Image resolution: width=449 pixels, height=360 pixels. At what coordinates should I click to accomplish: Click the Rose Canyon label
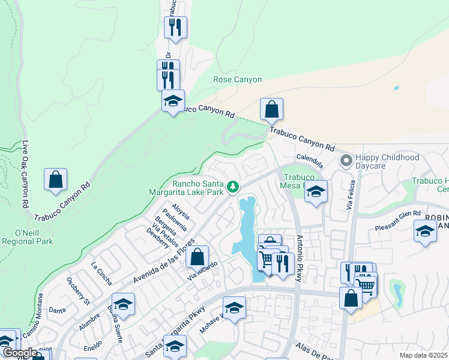238,79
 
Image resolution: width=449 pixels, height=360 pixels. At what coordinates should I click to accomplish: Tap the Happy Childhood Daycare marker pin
346,160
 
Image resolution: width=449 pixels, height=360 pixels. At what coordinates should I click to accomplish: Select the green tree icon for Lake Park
233,188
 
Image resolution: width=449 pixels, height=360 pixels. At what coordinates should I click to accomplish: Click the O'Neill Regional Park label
28,237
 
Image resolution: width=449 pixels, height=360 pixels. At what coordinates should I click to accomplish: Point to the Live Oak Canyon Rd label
25,175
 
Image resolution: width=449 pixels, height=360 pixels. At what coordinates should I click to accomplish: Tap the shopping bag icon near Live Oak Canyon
55,179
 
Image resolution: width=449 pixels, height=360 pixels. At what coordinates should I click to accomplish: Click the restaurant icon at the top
175,27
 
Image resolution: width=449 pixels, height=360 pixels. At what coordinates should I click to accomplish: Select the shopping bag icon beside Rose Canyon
271,109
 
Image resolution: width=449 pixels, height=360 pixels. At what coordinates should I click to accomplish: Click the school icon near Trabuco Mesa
316,192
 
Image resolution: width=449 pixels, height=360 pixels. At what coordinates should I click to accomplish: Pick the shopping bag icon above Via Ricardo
197,257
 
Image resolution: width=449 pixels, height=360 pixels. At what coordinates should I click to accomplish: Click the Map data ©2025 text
424,355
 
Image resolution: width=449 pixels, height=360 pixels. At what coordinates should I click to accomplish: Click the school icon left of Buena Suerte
123,304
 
